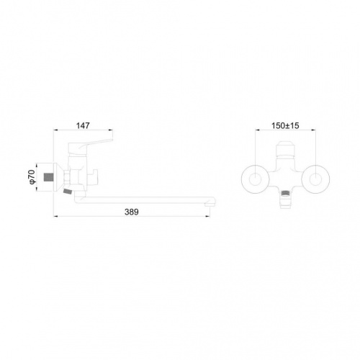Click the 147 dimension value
point(83,125)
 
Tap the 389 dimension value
point(132,212)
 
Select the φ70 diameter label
point(32,177)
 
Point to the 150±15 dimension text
point(285,125)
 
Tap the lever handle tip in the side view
point(112,140)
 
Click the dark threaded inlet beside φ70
point(48,177)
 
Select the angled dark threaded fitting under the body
point(68,192)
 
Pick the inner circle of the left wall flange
point(255,179)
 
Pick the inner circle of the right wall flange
point(315,179)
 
